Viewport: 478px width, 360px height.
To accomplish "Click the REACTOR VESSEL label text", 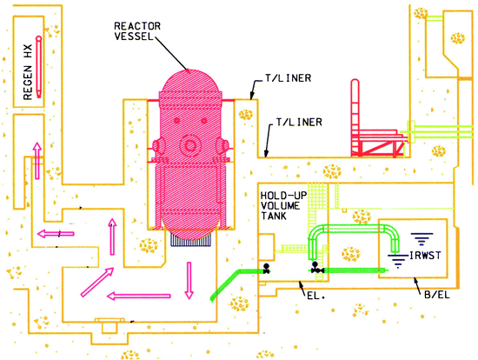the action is (137, 31).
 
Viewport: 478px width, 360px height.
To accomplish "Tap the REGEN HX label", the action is (28, 72).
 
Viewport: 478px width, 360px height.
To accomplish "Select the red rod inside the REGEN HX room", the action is (39, 67).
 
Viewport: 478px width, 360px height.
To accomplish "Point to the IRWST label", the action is (425, 256).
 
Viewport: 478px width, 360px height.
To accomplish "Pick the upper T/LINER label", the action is (288, 78).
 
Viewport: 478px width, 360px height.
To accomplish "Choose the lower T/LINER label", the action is (299, 123).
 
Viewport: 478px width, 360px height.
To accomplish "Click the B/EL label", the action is (437, 295).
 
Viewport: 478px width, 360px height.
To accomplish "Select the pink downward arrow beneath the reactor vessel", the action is (189, 280).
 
